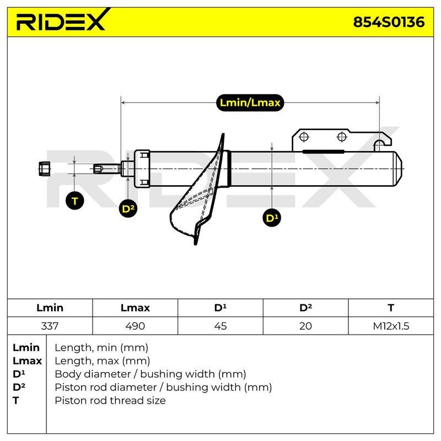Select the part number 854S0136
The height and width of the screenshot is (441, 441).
[389, 22]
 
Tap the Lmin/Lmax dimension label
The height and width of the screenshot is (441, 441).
[250, 103]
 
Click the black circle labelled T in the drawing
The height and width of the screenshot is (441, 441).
[74, 201]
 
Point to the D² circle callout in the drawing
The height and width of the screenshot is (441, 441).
[128, 209]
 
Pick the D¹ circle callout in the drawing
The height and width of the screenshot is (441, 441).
[272, 218]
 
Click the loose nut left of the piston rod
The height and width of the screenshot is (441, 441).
[44, 169]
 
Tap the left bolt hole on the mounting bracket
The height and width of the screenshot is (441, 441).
[304, 137]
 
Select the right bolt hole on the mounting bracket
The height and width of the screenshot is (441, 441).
[342, 137]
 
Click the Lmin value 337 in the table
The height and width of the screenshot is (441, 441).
[50, 326]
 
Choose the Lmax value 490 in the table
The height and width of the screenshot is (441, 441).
[135, 326]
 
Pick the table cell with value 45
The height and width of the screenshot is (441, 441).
[220, 326]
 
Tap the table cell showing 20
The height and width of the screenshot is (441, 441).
[305, 326]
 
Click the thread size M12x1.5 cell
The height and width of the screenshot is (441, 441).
[391, 326]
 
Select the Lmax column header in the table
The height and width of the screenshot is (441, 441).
[135, 308]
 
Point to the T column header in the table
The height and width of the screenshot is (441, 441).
[391, 308]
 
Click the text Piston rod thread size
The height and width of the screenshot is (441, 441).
[110, 401]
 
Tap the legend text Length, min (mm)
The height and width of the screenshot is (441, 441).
[101, 348]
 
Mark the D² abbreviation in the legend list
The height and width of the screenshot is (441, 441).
[19, 387]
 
